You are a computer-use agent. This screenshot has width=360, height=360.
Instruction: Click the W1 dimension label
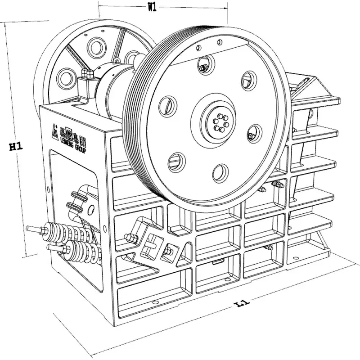point(152,7)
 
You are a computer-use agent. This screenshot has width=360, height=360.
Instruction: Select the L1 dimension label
point(242,305)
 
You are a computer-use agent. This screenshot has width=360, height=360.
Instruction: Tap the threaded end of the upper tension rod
point(34,229)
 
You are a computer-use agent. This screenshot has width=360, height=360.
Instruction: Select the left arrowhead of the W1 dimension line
point(100,6)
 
